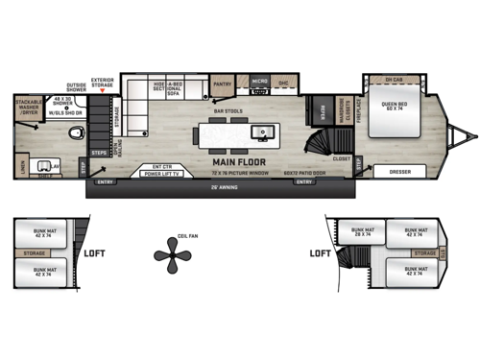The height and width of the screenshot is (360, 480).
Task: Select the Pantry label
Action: pos(221,84)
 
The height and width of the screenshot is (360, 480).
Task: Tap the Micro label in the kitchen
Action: pos(258,83)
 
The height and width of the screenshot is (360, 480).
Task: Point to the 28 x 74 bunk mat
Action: pos(363,231)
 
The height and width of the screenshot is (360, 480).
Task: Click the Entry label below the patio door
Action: pos(303,181)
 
